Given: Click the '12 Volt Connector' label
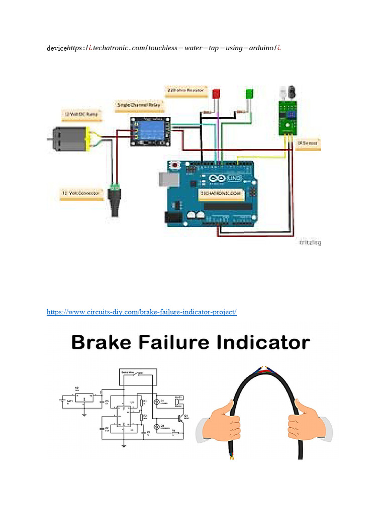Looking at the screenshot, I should click(79, 193).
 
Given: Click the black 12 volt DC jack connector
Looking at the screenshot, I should click(115, 200).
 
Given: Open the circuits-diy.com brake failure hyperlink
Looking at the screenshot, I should click(141, 312).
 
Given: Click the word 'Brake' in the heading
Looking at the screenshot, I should click(103, 343).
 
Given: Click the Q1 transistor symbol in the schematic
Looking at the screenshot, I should click(179, 416).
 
